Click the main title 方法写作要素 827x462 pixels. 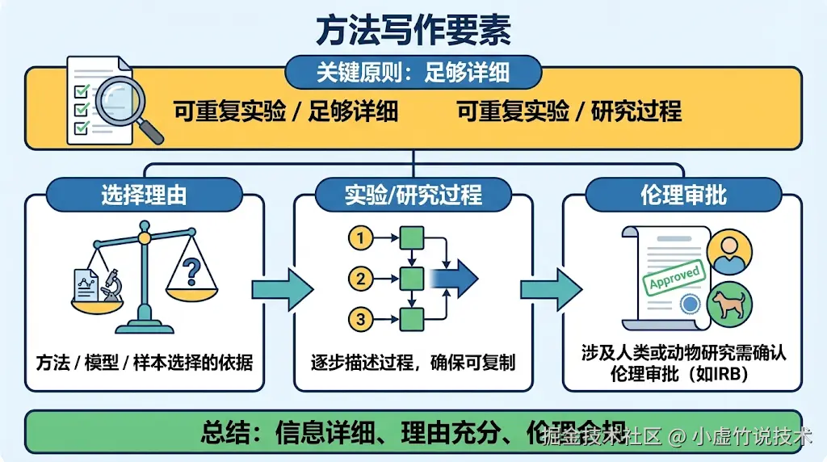coord(413,31)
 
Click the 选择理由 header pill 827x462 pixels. coord(144,195)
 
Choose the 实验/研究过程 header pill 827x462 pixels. coord(413,195)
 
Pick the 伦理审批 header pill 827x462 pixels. coord(683,195)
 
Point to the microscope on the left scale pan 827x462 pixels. coord(111,285)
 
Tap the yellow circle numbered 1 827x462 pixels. coord(361,238)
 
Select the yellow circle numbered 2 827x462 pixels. coord(361,279)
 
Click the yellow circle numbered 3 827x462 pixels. coord(361,319)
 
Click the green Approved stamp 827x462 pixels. coord(674,277)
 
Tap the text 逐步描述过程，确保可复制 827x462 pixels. coord(413,363)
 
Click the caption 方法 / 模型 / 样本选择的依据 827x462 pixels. coord(145,363)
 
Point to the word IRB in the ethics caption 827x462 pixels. coord(733,375)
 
